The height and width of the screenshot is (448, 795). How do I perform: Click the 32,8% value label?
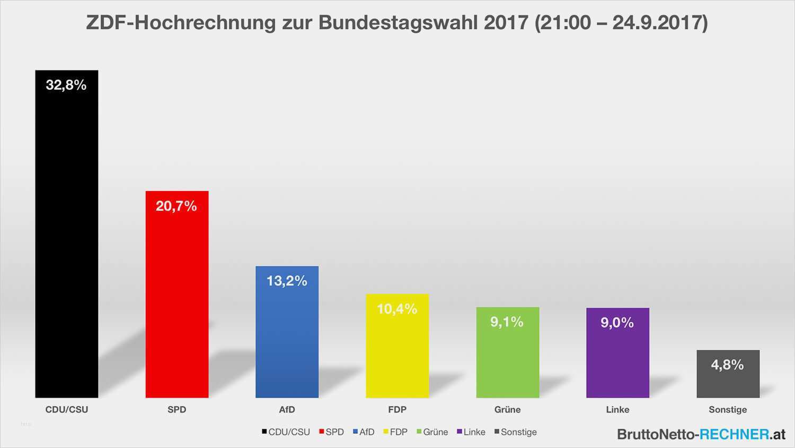pos(66,85)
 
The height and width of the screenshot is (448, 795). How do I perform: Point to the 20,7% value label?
pos(176,206)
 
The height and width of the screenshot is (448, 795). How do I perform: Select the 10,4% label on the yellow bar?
pos(397,309)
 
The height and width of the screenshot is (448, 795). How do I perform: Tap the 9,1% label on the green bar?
pos(507,322)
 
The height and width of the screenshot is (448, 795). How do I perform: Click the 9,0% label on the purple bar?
pos(617,322)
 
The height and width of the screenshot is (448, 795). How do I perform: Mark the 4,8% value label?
pos(728,365)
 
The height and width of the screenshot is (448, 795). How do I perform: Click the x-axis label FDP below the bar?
pos(397,409)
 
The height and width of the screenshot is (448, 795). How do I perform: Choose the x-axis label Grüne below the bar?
pos(507,409)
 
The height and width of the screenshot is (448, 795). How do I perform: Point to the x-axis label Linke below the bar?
pos(617,409)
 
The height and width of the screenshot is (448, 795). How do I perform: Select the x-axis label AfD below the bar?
pos(287,409)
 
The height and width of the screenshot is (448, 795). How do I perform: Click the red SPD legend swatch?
pos(322,432)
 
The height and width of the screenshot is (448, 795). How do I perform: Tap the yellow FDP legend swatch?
pos(386,432)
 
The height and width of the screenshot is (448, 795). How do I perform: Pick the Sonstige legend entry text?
pos(518,432)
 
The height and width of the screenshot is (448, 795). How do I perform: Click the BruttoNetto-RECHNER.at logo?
pos(701,434)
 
